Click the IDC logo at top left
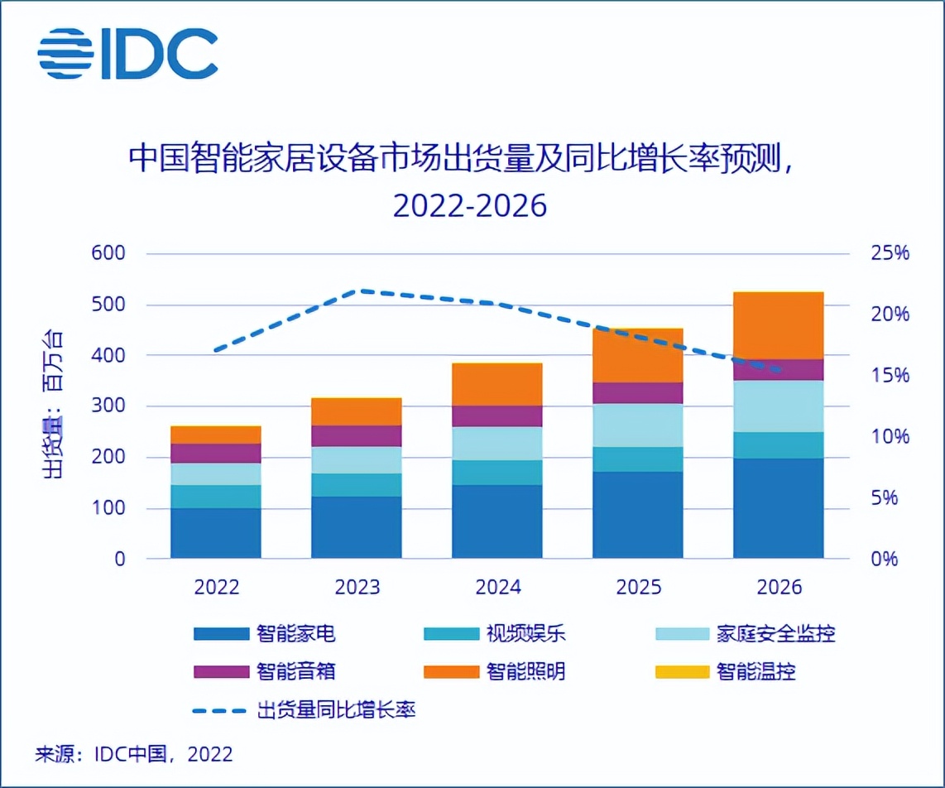127,54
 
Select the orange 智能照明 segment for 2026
778,325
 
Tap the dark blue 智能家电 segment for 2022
216,532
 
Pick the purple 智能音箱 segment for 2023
357,435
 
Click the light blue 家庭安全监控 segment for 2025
637,425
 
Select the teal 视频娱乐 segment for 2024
496,472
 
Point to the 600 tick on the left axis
110,253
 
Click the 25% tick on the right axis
890,253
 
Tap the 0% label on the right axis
885,559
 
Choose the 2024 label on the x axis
497,587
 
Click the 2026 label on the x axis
779,587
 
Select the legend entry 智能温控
726,671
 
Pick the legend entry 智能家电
265,635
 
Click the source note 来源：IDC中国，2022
133,754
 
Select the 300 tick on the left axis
110,406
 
